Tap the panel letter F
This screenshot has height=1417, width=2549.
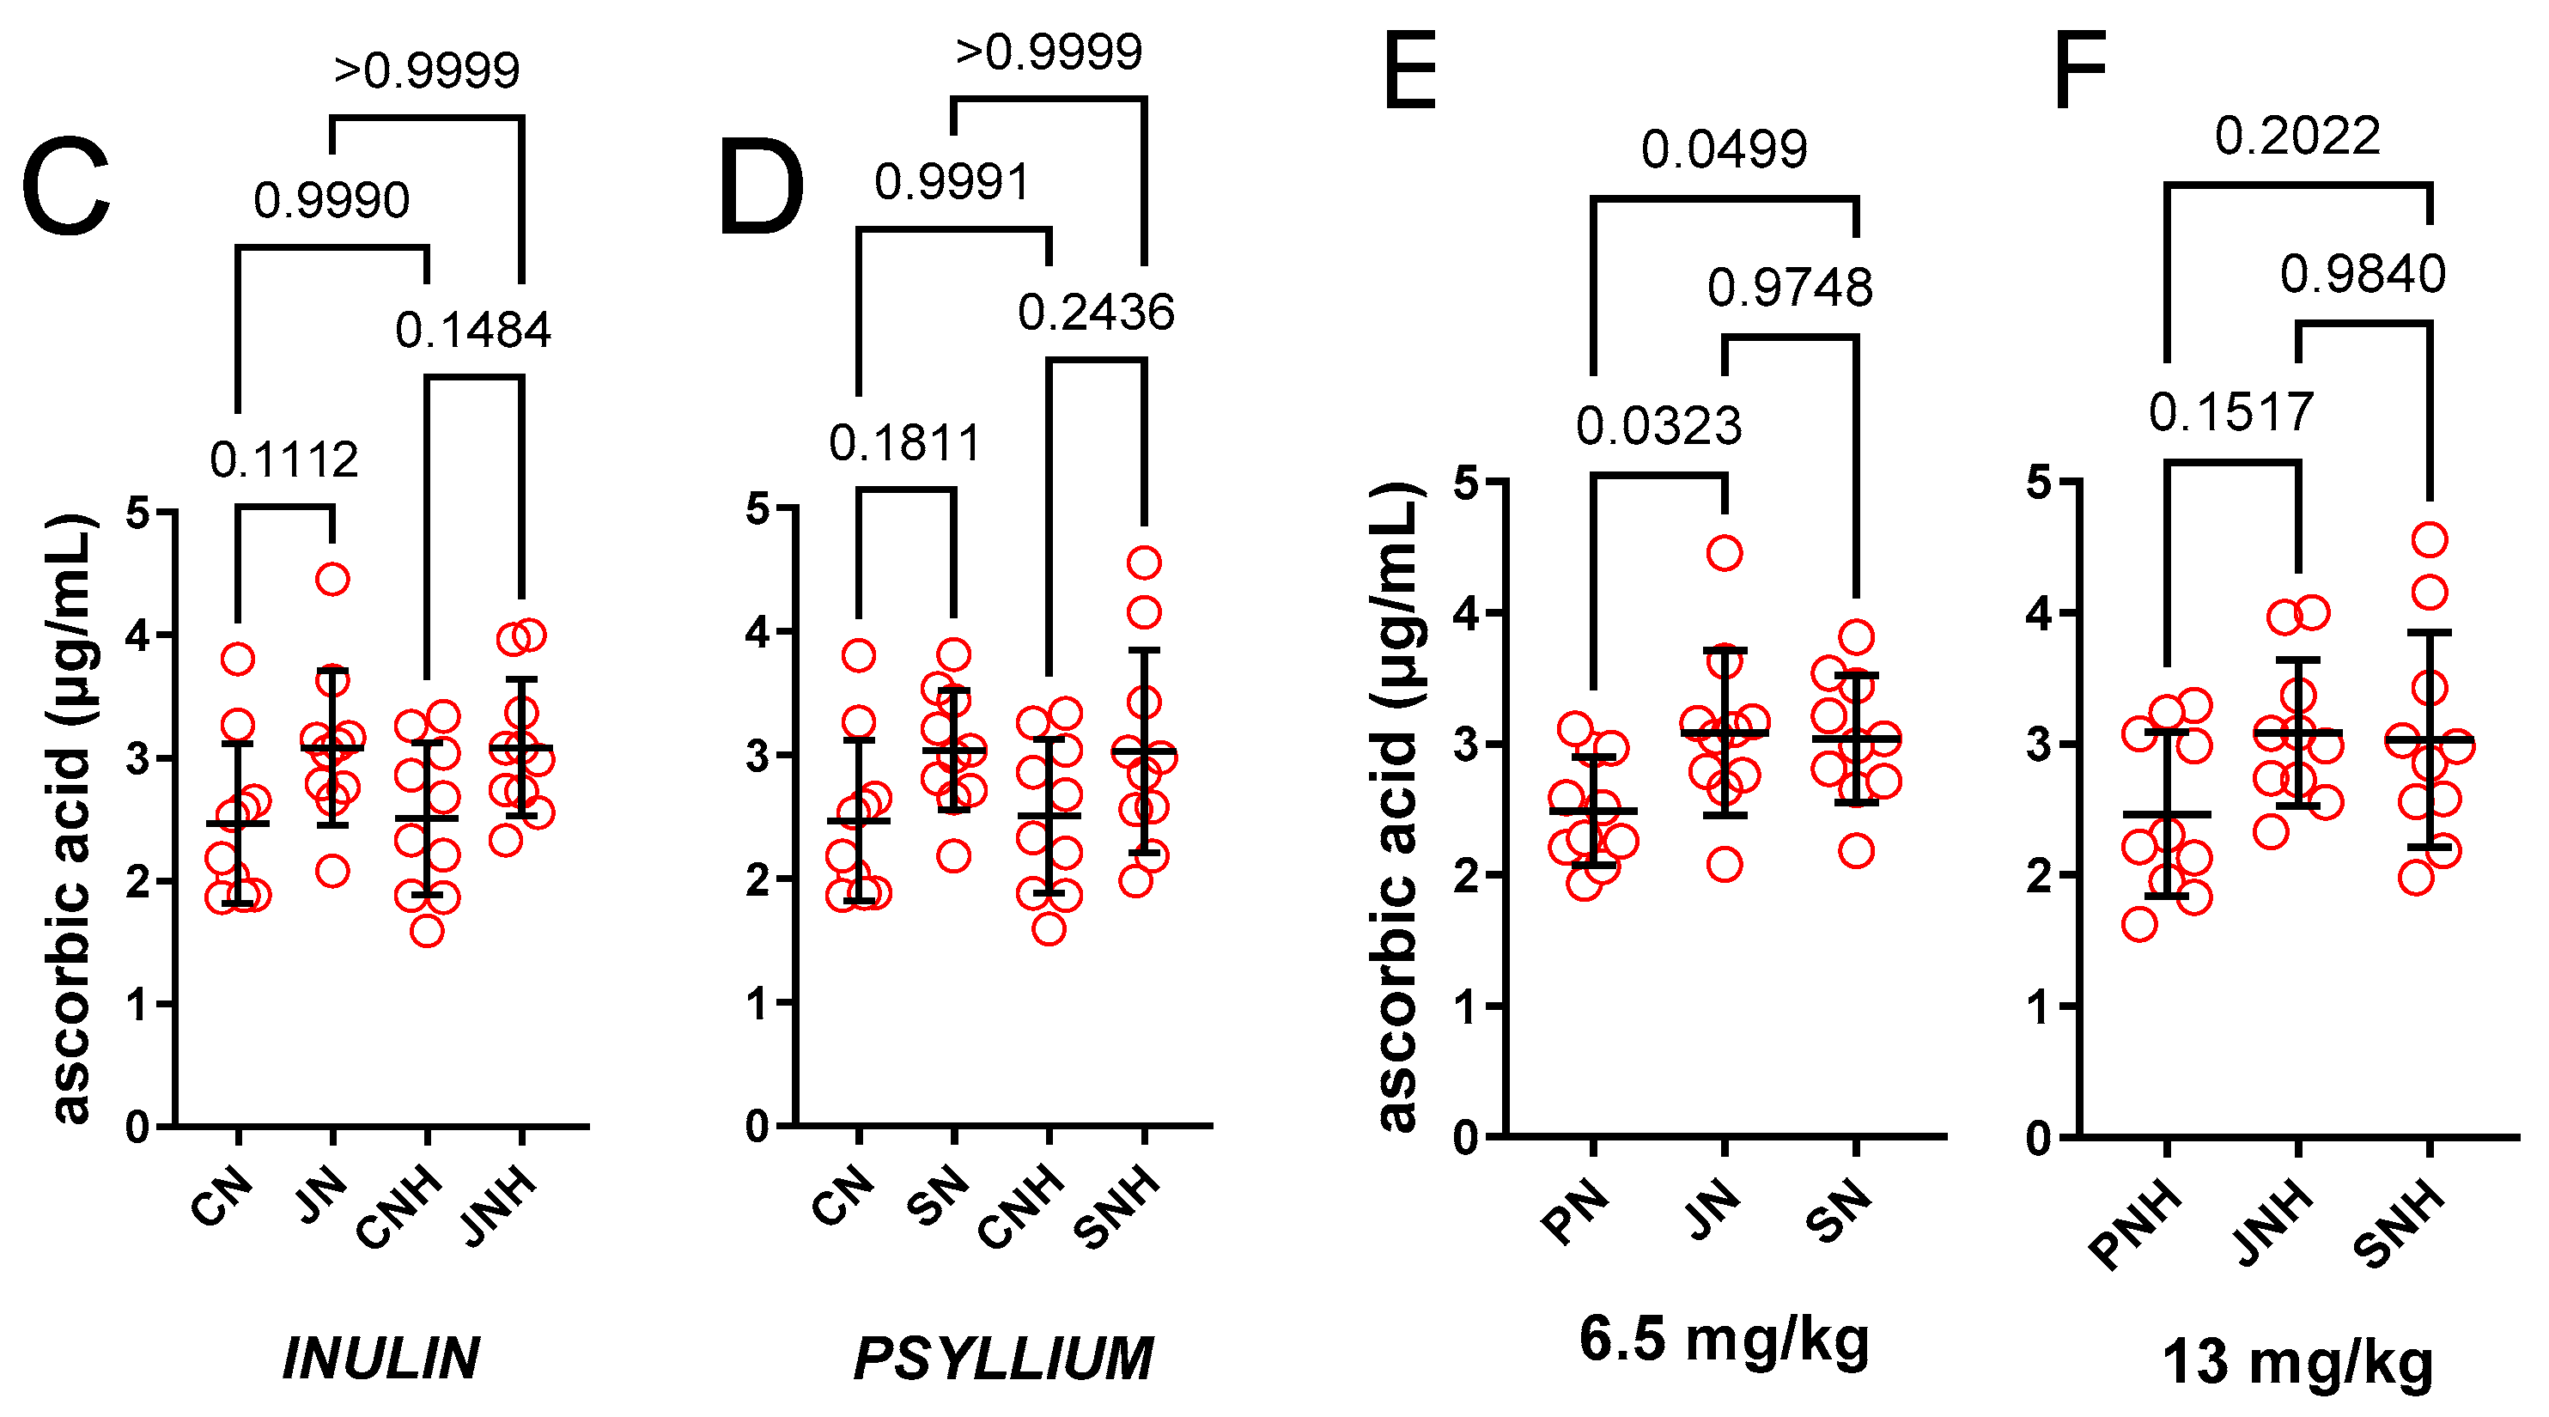click(x=2079, y=72)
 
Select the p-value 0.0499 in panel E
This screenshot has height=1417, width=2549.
click(x=1724, y=150)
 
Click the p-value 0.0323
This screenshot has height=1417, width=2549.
click(x=1658, y=427)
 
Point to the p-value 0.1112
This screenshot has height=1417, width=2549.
click(x=284, y=461)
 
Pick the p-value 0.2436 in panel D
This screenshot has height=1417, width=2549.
click(x=1095, y=313)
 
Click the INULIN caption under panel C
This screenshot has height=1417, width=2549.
click(x=381, y=1358)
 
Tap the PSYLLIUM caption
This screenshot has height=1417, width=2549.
click(x=1003, y=1358)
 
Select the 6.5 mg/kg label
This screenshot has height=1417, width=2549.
click(x=1724, y=1339)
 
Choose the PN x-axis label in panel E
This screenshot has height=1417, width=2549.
click(x=1574, y=1211)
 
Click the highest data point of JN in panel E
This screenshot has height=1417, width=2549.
click(x=1725, y=553)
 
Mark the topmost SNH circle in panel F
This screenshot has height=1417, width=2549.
click(x=2430, y=540)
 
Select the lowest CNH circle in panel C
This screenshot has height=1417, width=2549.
click(x=427, y=931)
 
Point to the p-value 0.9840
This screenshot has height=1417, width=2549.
click(x=2362, y=274)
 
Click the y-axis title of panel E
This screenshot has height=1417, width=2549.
click(x=1399, y=806)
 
